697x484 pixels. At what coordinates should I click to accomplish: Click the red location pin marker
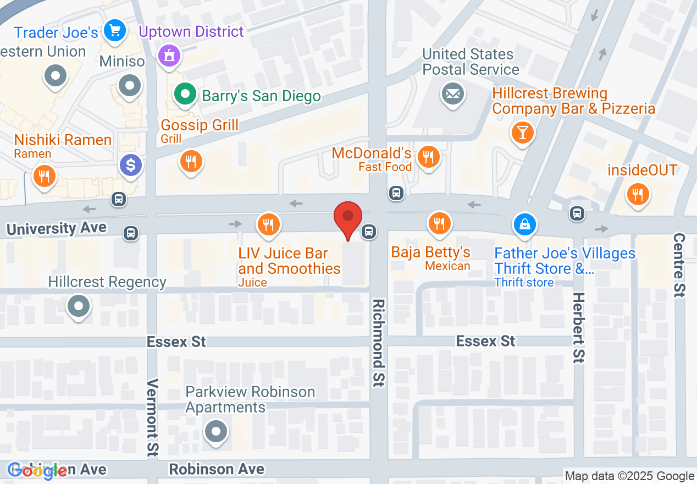click(x=348, y=218)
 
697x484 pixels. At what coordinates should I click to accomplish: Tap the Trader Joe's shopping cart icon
click(x=115, y=30)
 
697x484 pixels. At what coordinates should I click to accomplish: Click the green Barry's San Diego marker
click(x=186, y=95)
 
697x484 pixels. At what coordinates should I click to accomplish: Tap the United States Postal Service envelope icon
click(x=453, y=95)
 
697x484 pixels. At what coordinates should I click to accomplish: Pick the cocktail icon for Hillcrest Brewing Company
click(x=522, y=133)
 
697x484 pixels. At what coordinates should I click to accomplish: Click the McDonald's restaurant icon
click(x=427, y=158)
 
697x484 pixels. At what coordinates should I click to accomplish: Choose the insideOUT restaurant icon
click(x=638, y=194)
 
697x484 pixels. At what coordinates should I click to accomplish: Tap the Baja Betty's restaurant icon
click(x=439, y=224)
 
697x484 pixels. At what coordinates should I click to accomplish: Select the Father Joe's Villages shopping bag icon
click(x=525, y=224)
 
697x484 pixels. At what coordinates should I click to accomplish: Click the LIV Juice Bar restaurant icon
click(x=268, y=224)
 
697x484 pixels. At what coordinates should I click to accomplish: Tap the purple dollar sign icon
click(x=131, y=165)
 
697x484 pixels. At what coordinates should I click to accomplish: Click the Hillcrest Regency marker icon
click(x=79, y=305)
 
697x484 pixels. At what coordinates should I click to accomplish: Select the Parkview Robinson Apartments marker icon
click(x=216, y=431)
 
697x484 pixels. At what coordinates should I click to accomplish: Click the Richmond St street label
click(x=378, y=343)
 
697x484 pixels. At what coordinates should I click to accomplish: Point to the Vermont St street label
click(x=153, y=417)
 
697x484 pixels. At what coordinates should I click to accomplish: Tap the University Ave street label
click(x=57, y=229)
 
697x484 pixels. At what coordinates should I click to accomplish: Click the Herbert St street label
click(x=578, y=327)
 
